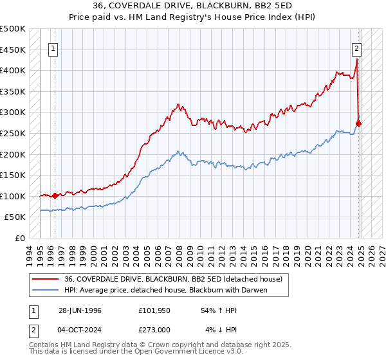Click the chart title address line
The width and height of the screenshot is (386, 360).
tap(192, 7)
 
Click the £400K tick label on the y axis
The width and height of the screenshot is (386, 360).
tap(13, 70)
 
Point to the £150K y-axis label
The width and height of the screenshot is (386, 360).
tap(13, 175)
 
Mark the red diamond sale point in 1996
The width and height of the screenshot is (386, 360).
tap(55, 195)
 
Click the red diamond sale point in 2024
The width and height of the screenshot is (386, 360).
tap(359, 123)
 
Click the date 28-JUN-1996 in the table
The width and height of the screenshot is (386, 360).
tap(80, 310)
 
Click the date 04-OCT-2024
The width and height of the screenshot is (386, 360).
tap(80, 330)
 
